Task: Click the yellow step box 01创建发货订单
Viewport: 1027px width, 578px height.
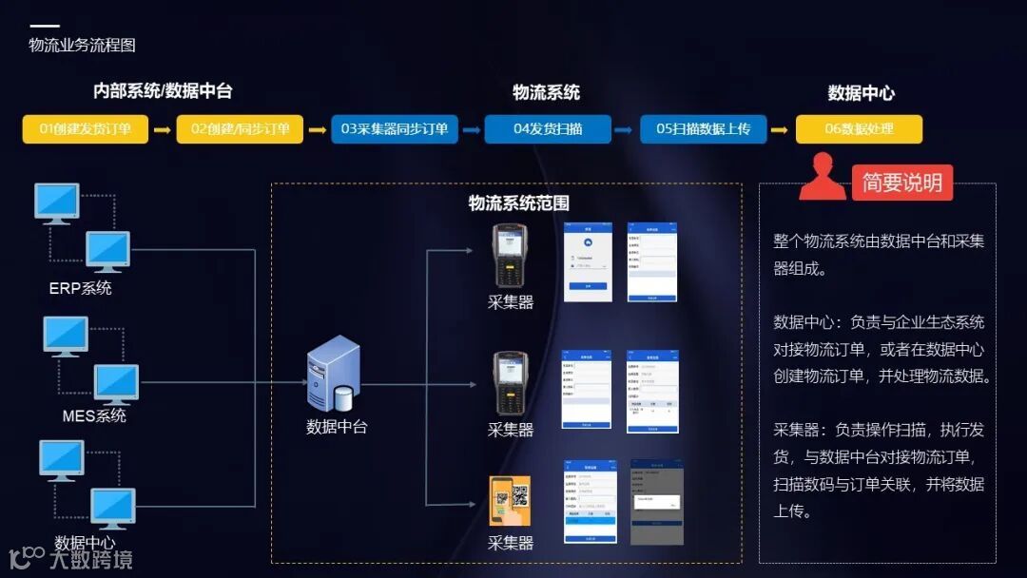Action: pos(86,129)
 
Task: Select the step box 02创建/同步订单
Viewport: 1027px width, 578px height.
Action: pos(240,129)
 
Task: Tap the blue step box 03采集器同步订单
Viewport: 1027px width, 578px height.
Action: pos(395,129)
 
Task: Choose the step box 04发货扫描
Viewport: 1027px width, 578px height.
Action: pos(548,129)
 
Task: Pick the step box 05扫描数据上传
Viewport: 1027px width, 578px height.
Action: pos(704,129)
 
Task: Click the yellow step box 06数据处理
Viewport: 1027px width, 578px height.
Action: pos(859,129)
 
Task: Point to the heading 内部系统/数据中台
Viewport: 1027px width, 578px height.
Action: pos(163,91)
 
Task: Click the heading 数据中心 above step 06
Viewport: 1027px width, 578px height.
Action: pos(861,93)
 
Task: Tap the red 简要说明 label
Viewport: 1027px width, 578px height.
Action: pos(901,183)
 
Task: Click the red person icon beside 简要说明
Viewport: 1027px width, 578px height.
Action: pos(822,178)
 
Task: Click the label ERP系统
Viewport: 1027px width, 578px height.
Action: pos(80,288)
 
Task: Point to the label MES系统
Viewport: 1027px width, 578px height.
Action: pos(94,415)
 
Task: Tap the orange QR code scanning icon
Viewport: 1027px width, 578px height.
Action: pos(510,500)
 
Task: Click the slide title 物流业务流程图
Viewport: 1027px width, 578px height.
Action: pos(82,45)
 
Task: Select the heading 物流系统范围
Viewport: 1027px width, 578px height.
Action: pos(518,202)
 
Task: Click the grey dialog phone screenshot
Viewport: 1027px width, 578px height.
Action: pos(656,502)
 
